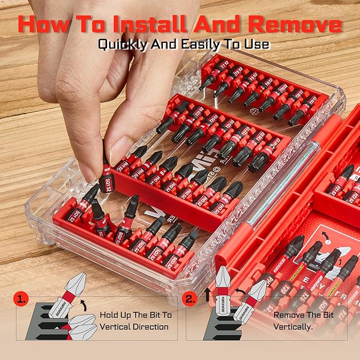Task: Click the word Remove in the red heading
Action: [297, 24]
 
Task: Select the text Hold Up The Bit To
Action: [135, 314]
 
